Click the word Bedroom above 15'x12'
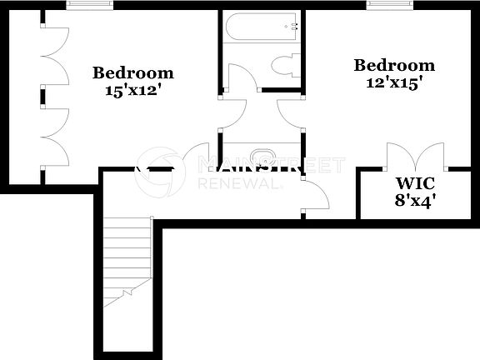133,72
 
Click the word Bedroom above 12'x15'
394,66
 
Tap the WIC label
414,183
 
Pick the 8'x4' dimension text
415,200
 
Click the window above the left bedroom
90,5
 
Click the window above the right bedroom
391,5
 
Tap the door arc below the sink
317,197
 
